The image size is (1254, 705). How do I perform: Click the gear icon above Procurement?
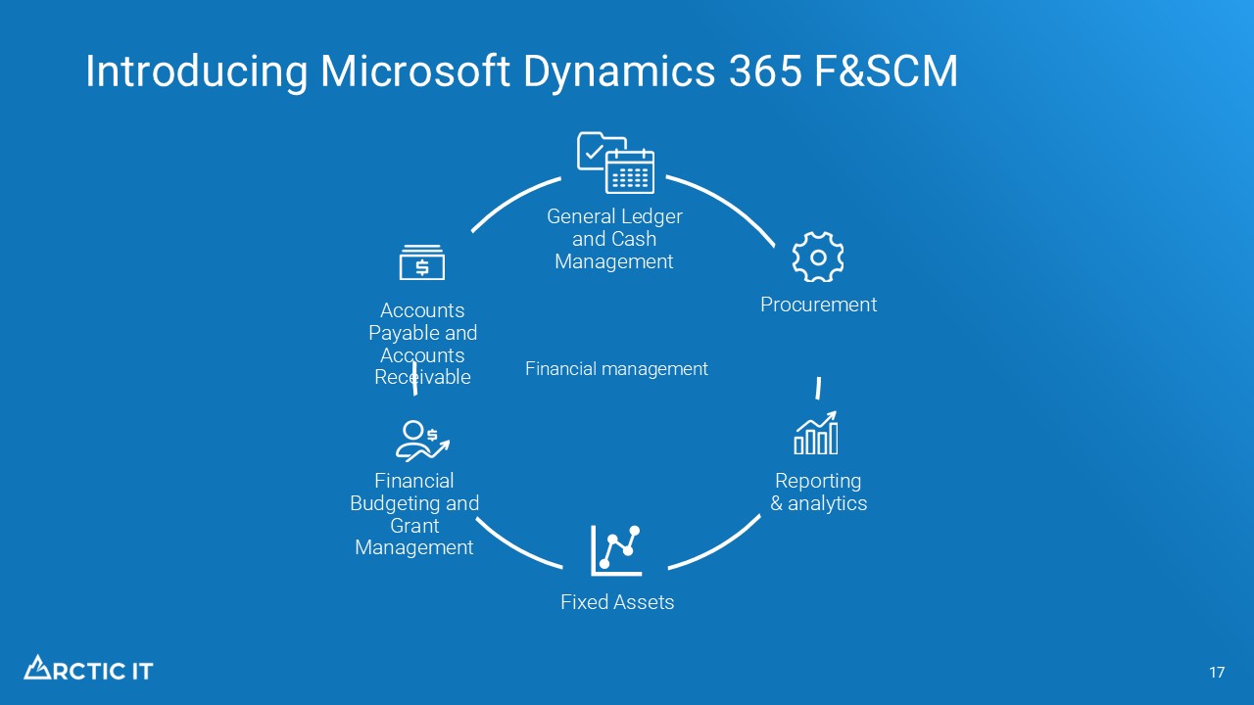click(x=817, y=257)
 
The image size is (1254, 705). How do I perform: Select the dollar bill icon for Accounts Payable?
click(x=422, y=263)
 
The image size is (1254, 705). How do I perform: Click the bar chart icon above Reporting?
click(x=816, y=434)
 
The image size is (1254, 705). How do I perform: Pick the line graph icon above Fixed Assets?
click(x=616, y=549)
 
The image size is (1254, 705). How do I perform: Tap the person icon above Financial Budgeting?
click(x=421, y=441)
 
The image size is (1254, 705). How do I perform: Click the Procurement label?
click(x=818, y=305)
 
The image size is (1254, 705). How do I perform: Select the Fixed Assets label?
click(x=617, y=602)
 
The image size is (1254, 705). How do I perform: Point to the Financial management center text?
click(x=616, y=369)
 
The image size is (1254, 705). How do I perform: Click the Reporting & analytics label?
click(x=818, y=493)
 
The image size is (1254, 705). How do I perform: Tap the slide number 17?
click(x=1217, y=673)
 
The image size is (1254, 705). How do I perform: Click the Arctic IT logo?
click(x=88, y=669)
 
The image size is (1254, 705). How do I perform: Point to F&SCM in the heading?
click(x=887, y=72)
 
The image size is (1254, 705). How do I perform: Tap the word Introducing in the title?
click(x=196, y=72)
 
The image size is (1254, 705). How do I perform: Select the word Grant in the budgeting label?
click(x=414, y=526)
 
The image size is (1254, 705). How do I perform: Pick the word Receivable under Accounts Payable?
click(x=422, y=378)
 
